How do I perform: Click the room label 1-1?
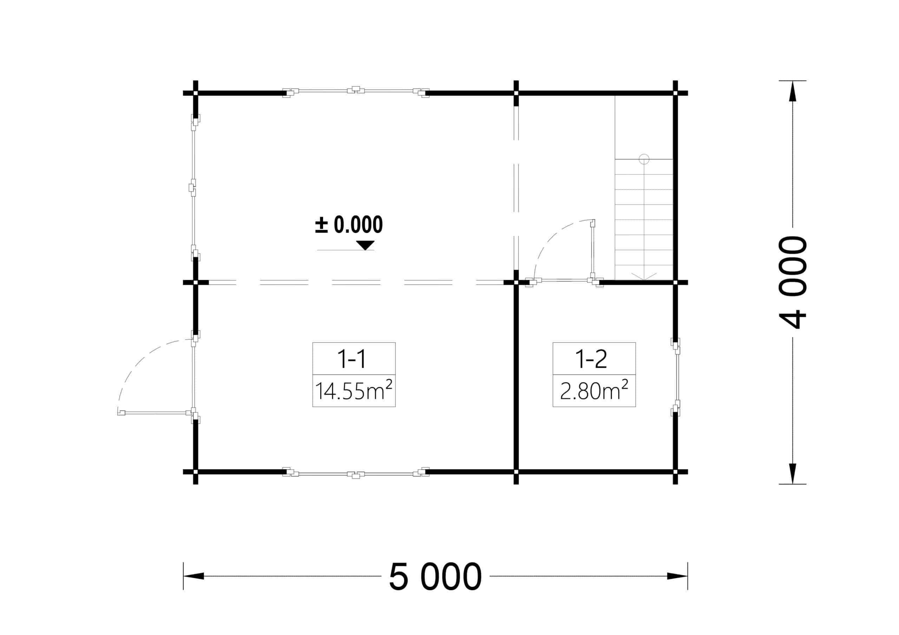352,359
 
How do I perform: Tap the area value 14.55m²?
354,391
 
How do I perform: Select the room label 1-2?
591,359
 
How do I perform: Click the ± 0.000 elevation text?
349,224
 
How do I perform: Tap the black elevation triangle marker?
365,245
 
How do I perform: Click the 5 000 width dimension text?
435,577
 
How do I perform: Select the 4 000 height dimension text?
793,282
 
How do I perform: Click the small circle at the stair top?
644,159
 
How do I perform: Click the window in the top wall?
356,91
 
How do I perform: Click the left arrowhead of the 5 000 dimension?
193,576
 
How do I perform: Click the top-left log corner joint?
195,93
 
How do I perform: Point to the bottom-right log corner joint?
675,472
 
